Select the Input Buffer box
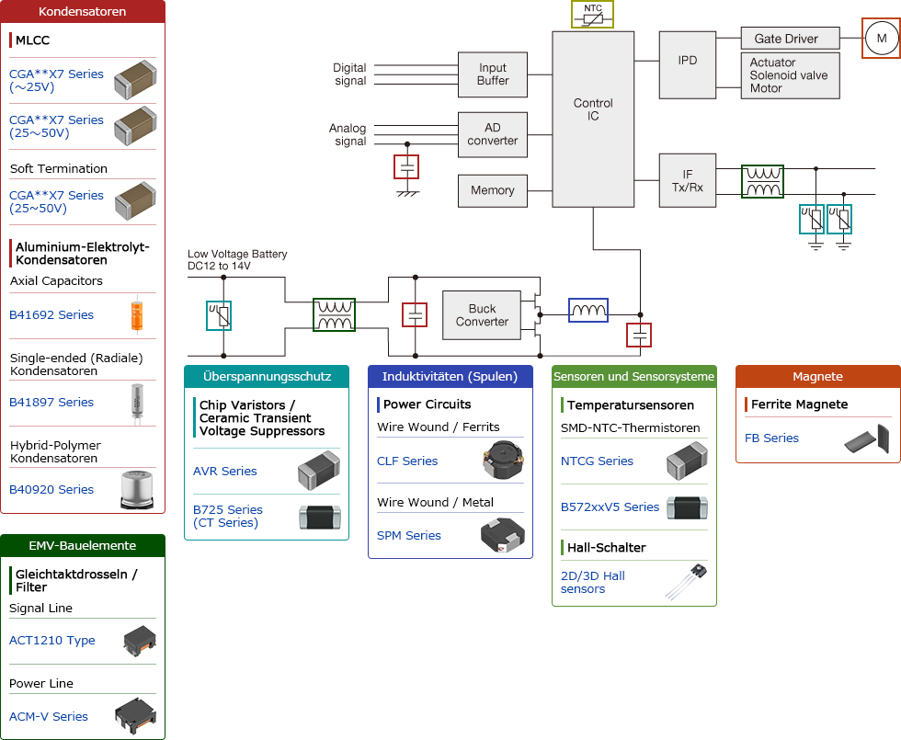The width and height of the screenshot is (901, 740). (493, 74)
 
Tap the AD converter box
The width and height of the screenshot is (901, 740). (493, 135)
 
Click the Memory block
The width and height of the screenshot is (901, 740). (493, 190)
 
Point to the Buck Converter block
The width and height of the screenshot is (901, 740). (482, 315)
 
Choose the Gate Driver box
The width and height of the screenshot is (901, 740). (791, 39)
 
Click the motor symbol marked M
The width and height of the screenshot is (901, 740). (881, 39)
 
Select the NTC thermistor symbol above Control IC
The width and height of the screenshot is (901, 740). (593, 15)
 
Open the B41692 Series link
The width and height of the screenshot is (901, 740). (51, 315)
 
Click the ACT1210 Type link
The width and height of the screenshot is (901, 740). (52, 641)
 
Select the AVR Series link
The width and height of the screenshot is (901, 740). (225, 472)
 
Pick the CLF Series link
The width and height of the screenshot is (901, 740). (407, 461)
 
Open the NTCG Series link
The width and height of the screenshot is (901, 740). (597, 461)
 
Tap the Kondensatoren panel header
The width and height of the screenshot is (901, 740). (83, 12)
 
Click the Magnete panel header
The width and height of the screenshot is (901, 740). (817, 377)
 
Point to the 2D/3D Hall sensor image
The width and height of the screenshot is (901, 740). (687, 582)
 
